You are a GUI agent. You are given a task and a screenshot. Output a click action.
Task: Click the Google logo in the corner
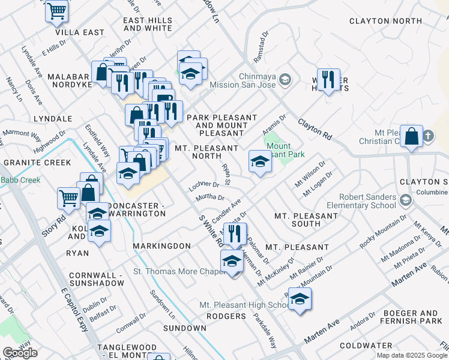tap(20, 353)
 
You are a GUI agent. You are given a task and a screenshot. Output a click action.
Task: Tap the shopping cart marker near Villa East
tap(56, 11)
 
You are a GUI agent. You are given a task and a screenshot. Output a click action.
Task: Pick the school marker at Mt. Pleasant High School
tap(300, 299)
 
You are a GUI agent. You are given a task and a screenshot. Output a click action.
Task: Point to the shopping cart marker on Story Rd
tap(69, 196)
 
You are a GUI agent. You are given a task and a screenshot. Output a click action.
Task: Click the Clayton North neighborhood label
tap(386, 21)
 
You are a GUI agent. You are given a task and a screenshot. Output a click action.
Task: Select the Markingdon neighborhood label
tap(161, 247)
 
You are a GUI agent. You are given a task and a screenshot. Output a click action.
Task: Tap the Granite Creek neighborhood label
tap(37, 163)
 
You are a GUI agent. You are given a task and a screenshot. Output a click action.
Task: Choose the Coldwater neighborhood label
tap(366, 346)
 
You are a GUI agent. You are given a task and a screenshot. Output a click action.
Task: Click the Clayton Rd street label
tap(315, 128)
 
